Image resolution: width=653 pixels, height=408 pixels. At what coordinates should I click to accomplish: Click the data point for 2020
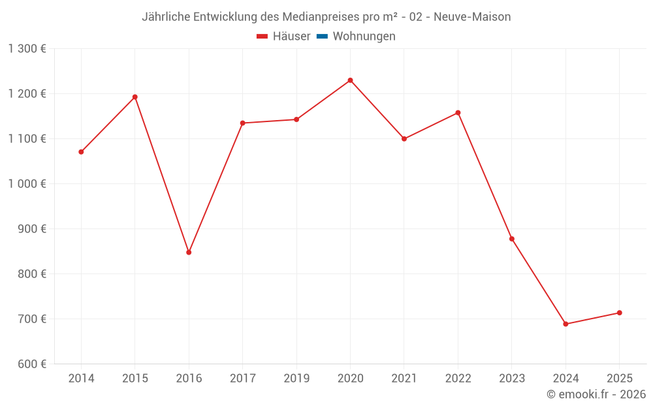click(350, 80)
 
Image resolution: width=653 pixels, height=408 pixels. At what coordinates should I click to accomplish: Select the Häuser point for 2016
click(189, 252)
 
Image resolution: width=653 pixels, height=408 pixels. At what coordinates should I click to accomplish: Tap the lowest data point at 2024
click(565, 324)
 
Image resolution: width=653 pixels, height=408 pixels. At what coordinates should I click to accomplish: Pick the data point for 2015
click(135, 97)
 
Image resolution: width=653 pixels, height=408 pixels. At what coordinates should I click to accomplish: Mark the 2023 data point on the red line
click(512, 239)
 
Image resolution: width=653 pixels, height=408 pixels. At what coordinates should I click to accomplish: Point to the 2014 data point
click(81, 152)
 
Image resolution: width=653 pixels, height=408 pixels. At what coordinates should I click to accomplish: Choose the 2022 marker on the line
click(458, 113)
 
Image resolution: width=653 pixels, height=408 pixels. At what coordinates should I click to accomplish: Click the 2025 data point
click(620, 313)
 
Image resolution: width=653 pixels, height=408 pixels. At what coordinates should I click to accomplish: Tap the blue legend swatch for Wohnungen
click(322, 37)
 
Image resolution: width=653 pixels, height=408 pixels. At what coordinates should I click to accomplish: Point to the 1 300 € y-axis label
click(27, 49)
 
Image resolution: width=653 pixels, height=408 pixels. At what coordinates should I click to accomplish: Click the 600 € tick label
click(33, 364)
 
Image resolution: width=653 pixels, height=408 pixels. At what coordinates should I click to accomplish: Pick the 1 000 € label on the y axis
click(27, 184)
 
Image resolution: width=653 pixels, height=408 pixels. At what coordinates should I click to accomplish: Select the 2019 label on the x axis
click(296, 379)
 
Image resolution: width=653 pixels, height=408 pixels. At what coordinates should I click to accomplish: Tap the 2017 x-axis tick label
click(242, 379)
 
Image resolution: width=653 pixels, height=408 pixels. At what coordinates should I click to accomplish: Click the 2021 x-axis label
click(404, 379)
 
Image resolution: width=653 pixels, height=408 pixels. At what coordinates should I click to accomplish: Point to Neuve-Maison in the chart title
click(472, 17)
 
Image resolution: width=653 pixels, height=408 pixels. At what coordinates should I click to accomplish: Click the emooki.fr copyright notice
click(596, 394)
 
